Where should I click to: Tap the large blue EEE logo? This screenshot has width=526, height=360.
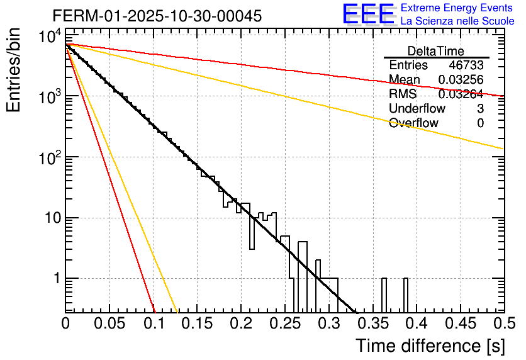click(x=368, y=14)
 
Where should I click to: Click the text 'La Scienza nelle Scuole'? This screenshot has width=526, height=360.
click(x=457, y=21)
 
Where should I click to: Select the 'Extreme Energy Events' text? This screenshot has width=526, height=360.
click(x=457, y=8)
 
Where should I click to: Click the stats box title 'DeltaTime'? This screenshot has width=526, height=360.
click(x=436, y=51)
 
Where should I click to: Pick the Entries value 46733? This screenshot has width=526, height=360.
click(x=466, y=65)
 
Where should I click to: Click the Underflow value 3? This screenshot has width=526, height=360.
click(x=480, y=109)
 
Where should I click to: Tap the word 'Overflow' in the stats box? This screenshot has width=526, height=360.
click(x=413, y=123)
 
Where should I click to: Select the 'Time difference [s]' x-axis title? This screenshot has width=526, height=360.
click(x=430, y=346)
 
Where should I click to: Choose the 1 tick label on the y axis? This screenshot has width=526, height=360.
click(x=56, y=279)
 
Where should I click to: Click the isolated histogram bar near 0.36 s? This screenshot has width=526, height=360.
click(x=383, y=295)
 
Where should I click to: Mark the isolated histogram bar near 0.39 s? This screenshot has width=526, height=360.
click(x=405, y=295)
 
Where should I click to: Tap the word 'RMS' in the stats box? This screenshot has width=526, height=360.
click(x=403, y=94)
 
